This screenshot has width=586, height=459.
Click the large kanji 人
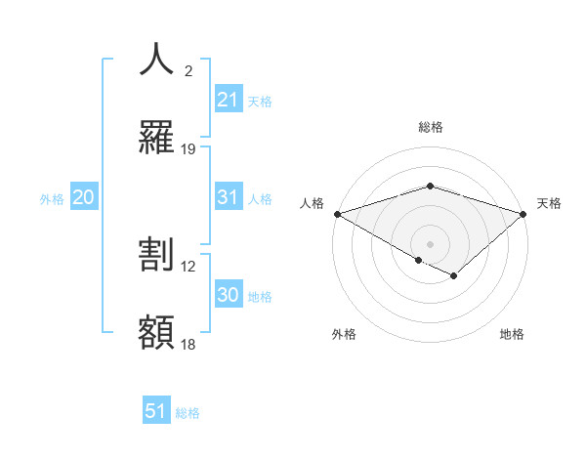[156, 59]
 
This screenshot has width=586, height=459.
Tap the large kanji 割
[156, 255]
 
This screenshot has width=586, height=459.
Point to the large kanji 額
[156, 333]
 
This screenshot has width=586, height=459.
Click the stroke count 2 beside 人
[188, 70]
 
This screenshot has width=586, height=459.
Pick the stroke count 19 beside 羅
[188, 149]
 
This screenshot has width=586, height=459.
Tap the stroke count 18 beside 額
[188, 345]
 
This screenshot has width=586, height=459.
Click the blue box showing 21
[228, 100]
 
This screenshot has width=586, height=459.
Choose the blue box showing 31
[228, 197]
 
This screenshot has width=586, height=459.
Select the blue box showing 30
[228, 295]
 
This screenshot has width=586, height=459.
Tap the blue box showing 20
[84, 197]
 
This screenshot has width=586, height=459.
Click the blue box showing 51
[156, 411]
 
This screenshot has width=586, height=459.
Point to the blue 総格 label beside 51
[188, 413]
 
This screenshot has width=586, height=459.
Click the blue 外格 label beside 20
[52, 199]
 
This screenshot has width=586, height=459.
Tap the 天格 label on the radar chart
[550, 203]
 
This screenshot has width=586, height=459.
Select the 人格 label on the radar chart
[312, 203]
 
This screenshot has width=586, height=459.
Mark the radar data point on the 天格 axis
[524, 213]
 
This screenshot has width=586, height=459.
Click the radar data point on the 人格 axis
[336, 213]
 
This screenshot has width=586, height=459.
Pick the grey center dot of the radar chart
[430, 243]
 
